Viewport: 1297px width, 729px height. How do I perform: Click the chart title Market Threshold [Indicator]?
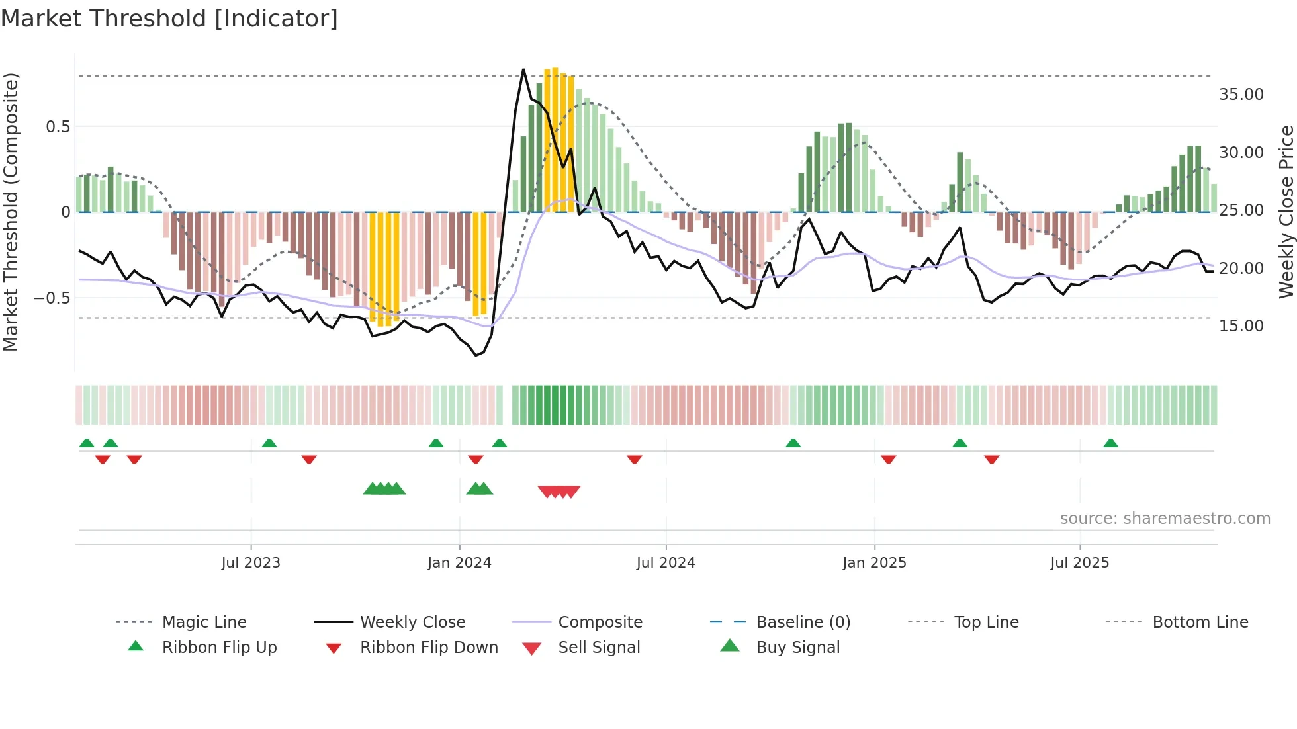click(169, 19)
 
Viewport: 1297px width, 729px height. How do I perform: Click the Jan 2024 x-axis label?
click(459, 563)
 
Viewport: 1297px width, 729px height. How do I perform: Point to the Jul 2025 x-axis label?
click(1079, 563)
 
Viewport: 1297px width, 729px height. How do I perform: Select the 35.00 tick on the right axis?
click(1241, 95)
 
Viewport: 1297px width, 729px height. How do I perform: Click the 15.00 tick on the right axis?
click(1241, 326)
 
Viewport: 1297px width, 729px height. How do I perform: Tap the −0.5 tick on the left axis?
click(52, 298)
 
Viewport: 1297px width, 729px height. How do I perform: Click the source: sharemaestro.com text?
click(1165, 519)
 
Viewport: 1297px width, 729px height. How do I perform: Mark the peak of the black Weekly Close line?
click(523, 69)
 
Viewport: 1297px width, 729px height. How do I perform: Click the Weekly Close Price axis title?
click(1286, 212)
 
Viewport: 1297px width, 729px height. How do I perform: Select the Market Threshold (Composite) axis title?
click(11, 212)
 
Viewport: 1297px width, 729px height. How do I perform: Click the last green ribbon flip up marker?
click(1110, 443)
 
